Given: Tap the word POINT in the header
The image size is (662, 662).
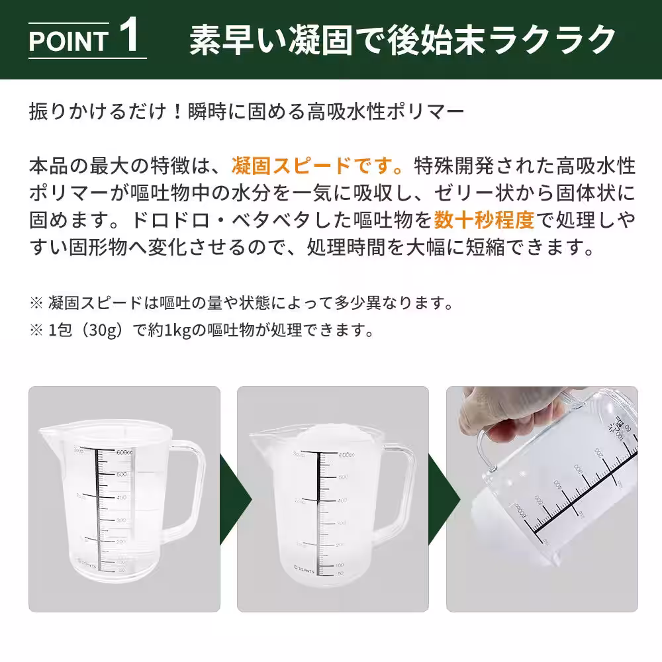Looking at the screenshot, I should [x=68, y=41].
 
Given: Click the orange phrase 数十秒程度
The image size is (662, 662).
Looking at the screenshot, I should [x=484, y=218].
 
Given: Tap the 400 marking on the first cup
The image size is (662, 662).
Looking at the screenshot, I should [x=122, y=498].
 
